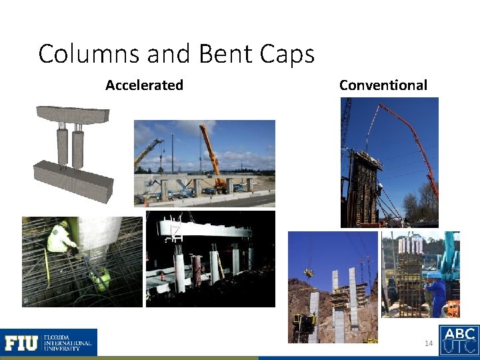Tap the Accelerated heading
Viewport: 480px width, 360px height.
[x=144, y=85]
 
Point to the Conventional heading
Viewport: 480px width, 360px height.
[x=383, y=85]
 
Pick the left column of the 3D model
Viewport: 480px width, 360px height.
[x=63, y=148]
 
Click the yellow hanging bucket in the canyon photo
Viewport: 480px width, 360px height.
[x=309, y=273]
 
